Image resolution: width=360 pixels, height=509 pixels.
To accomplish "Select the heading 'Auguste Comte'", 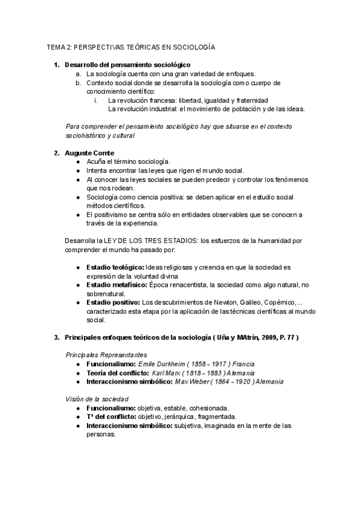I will point(89,153).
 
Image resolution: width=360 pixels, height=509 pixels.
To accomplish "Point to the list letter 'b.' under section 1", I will point(78,82).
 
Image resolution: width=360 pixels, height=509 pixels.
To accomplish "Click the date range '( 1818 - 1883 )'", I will point(200,373).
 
